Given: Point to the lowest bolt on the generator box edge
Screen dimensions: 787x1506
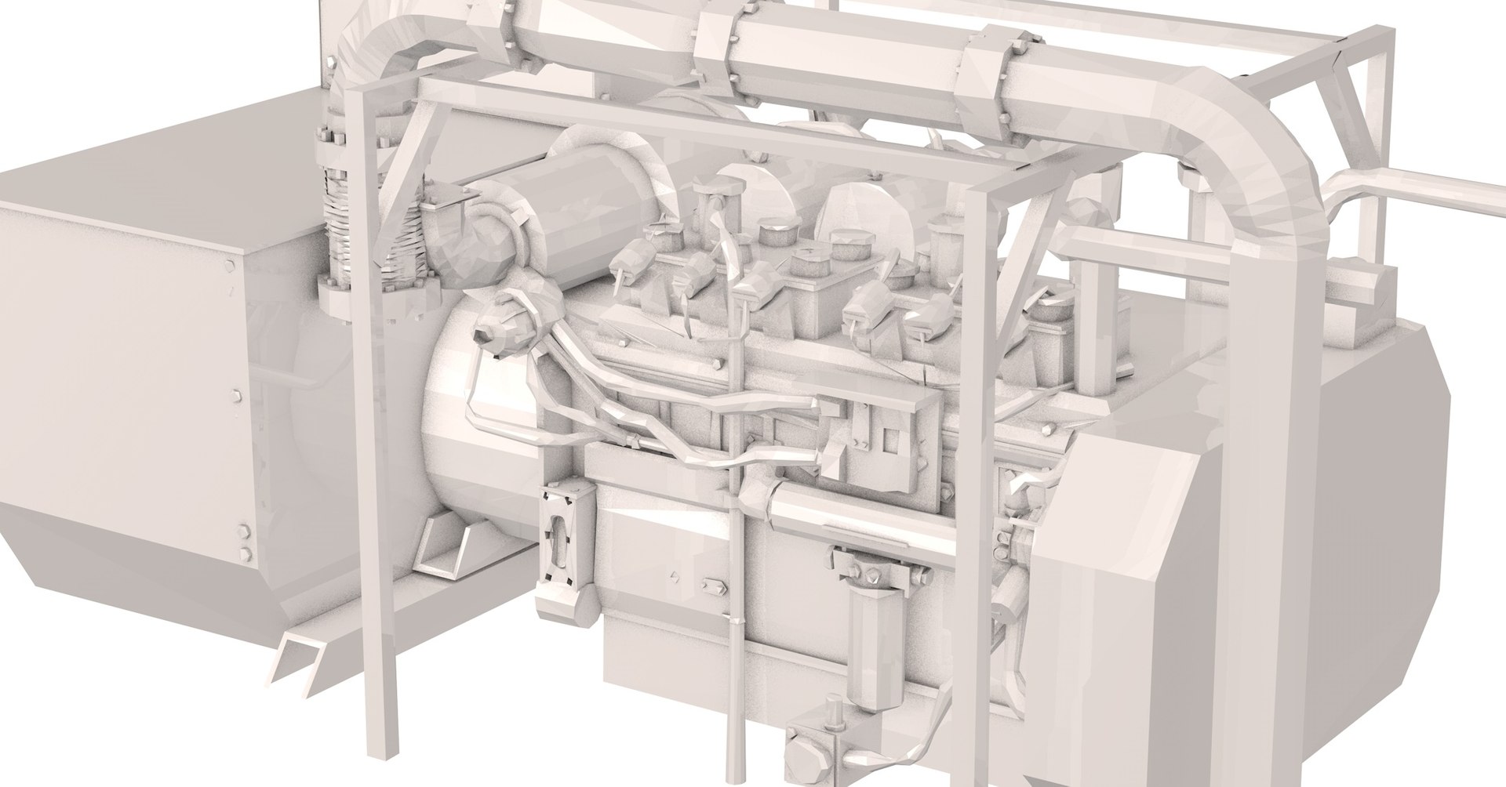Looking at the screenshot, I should coord(247,556).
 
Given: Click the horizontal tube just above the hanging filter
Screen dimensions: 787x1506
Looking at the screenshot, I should coord(855,510).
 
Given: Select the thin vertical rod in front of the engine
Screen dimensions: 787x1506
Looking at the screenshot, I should coord(736,627).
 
